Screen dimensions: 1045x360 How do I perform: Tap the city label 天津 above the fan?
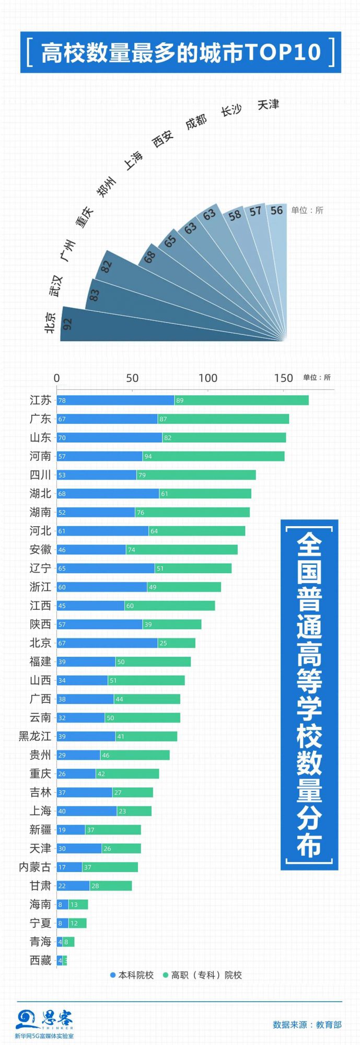pyautogui.click(x=268, y=104)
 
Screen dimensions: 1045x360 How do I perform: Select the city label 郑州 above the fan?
pyautogui.click(x=106, y=187)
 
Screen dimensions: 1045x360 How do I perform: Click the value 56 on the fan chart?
pyautogui.click(x=276, y=210)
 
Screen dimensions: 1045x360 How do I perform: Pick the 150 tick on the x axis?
pyautogui.click(x=283, y=378)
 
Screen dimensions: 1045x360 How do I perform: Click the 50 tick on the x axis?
pyautogui.click(x=132, y=378)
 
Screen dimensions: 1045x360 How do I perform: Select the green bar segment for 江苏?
pyautogui.click(x=241, y=400)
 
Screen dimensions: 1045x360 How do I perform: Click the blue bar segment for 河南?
pyautogui.click(x=99, y=456)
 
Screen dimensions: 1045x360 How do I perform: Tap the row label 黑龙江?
pyautogui.click(x=35, y=736)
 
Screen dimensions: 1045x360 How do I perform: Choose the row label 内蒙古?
pyautogui.click(x=35, y=867)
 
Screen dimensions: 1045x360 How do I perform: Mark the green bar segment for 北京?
pyautogui.click(x=176, y=643)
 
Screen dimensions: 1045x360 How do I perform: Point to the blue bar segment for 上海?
pyautogui.click(x=87, y=811)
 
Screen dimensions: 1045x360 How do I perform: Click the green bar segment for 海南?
pyautogui.click(x=78, y=904)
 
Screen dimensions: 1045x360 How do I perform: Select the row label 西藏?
pyautogui.click(x=40, y=960)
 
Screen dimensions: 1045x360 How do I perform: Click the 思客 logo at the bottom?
pyautogui.click(x=44, y=1020)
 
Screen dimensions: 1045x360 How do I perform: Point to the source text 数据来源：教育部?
pyautogui.click(x=307, y=1025)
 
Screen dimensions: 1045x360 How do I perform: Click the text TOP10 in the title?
pyautogui.click(x=282, y=52)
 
